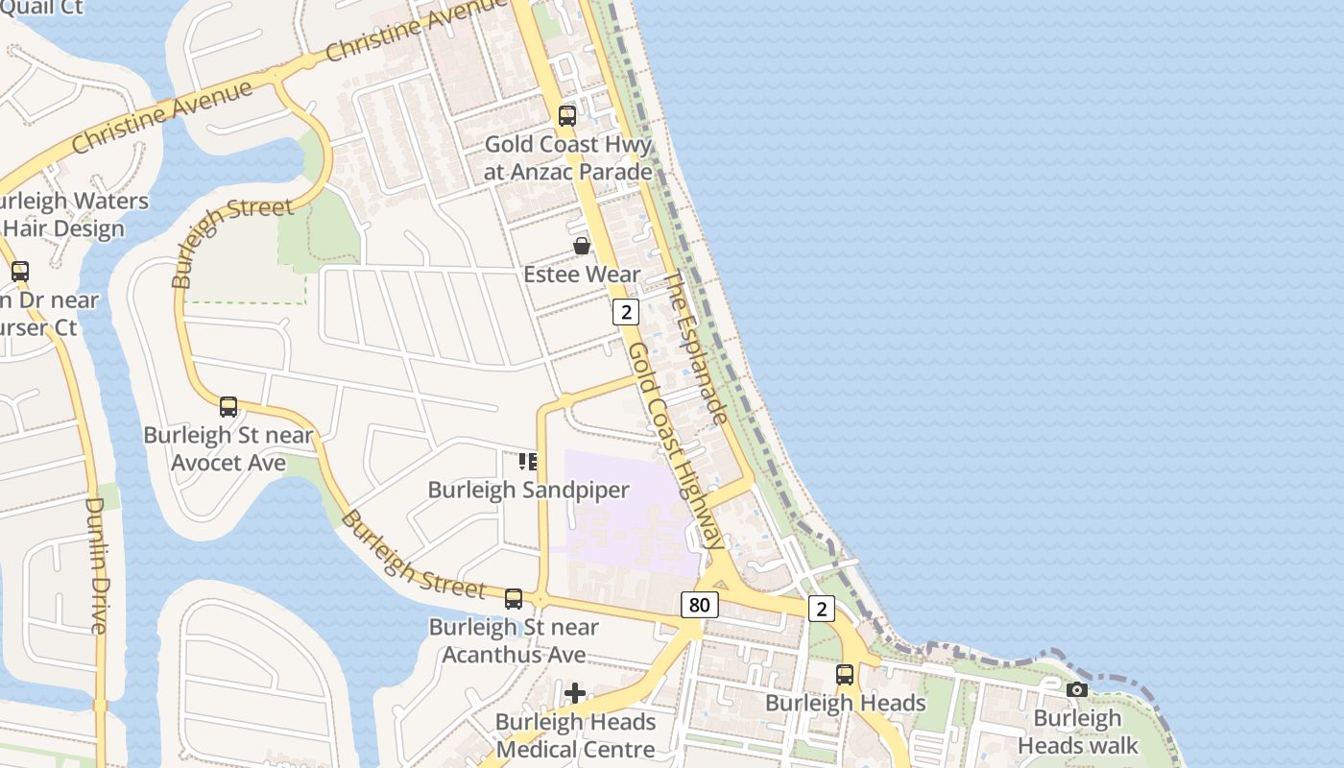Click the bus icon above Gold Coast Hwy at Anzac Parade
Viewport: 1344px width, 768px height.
point(567,116)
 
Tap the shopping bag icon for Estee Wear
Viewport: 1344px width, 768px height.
point(582,247)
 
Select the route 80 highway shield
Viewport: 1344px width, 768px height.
point(700,605)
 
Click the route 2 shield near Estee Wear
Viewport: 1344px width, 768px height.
point(626,312)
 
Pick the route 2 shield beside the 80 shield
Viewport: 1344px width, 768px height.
point(821,609)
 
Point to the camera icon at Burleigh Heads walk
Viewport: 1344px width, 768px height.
point(1077,689)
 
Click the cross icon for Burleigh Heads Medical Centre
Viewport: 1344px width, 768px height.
point(575,692)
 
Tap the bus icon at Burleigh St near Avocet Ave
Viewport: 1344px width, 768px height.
point(228,406)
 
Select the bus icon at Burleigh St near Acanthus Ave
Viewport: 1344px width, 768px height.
point(514,599)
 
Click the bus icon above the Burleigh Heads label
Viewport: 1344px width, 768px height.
point(845,675)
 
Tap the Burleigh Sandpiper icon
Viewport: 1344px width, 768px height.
point(528,462)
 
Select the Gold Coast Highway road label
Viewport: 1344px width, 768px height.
point(676,446)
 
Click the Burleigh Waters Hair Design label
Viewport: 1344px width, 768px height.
point(67,215)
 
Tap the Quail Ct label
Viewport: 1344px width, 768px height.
point(43,8)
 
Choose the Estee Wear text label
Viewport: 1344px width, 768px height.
point(582,275)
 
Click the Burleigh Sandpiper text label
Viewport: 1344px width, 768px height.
point(528,490)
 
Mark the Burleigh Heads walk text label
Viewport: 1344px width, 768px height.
point(1077,732)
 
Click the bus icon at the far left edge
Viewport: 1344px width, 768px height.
point(20,272)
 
